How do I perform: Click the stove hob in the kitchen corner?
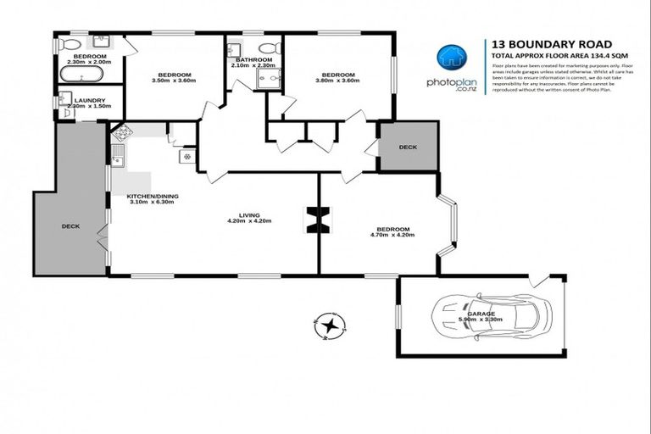click(120, 132)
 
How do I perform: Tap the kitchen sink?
click(118, 156)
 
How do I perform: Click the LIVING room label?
click(249, 214)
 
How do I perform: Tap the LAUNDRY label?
click(89, 100)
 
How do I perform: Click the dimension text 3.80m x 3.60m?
click(337, 81)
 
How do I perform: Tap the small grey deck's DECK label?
click(408, 147)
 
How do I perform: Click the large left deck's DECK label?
click(70, 226)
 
